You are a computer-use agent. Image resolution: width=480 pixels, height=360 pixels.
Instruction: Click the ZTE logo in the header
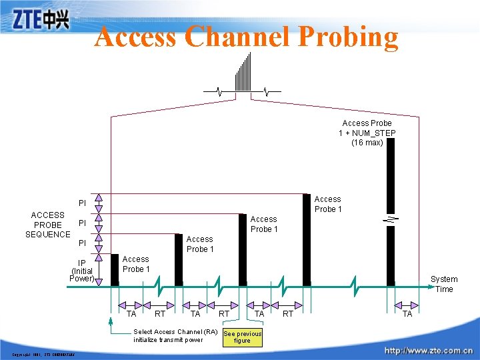[x=41, y=19]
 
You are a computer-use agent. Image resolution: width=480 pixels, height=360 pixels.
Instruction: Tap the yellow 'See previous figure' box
[x=242, y=337]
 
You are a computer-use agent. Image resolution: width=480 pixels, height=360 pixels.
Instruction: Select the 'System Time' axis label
[x=444, y=284]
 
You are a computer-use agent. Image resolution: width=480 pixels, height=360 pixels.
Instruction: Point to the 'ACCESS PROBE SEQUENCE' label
[x=47, y=225]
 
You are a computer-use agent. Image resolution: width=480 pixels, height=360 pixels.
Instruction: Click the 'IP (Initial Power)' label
[x=82, y=271]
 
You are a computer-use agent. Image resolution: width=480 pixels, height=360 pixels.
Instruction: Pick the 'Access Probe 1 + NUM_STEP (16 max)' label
[x=367, y=133]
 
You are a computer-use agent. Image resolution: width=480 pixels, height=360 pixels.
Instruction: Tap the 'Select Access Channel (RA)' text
[x=175, y=331]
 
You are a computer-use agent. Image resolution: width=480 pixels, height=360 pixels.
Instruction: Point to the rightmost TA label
[x=407, y=313]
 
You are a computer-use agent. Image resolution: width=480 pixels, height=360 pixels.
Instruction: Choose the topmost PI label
[x=82, y=203]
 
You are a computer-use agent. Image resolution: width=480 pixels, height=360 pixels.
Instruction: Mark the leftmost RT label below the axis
[x=160, y=313]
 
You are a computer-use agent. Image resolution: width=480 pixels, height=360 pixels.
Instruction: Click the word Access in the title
[x=135, y=37]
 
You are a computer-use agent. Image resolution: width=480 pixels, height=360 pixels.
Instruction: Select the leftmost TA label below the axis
[x=131, y=313]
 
